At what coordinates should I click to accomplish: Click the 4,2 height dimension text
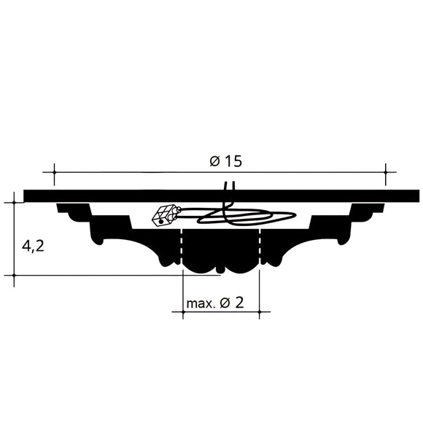click(33, 246)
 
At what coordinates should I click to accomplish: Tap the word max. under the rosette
click(200, 303)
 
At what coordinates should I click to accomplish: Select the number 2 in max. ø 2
click(238, 303)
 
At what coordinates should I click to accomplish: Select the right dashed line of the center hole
click(260, 248)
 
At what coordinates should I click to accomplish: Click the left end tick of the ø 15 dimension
click(53, 173)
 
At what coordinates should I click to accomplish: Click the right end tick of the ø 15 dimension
click(386, 173)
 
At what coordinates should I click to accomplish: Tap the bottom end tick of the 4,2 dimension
click(14, 276)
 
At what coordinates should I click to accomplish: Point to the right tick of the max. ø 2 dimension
click(260, 313)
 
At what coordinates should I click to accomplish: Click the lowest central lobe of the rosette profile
click(221, 265)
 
